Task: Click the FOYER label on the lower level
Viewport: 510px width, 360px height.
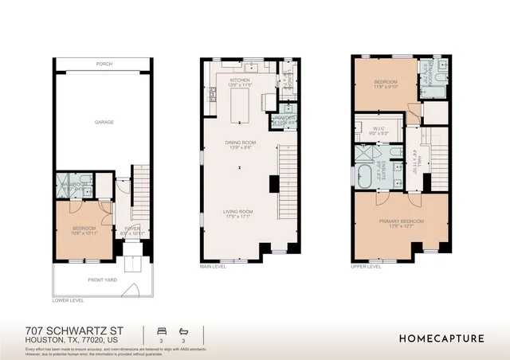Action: pyautogui.click(x=132, y=229)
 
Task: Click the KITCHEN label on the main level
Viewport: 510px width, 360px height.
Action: pyautogui.click(x=240, y=80)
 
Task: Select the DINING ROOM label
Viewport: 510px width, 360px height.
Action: pyautogui.click(x=240, y=143)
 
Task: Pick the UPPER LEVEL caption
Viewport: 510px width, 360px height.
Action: pyautogui.click(x=366, y=267)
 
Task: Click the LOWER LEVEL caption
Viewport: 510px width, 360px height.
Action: pyautogui.click(x=68, y=301)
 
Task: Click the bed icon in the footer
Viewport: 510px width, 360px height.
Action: pyautogui.click(x=162, y=329)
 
